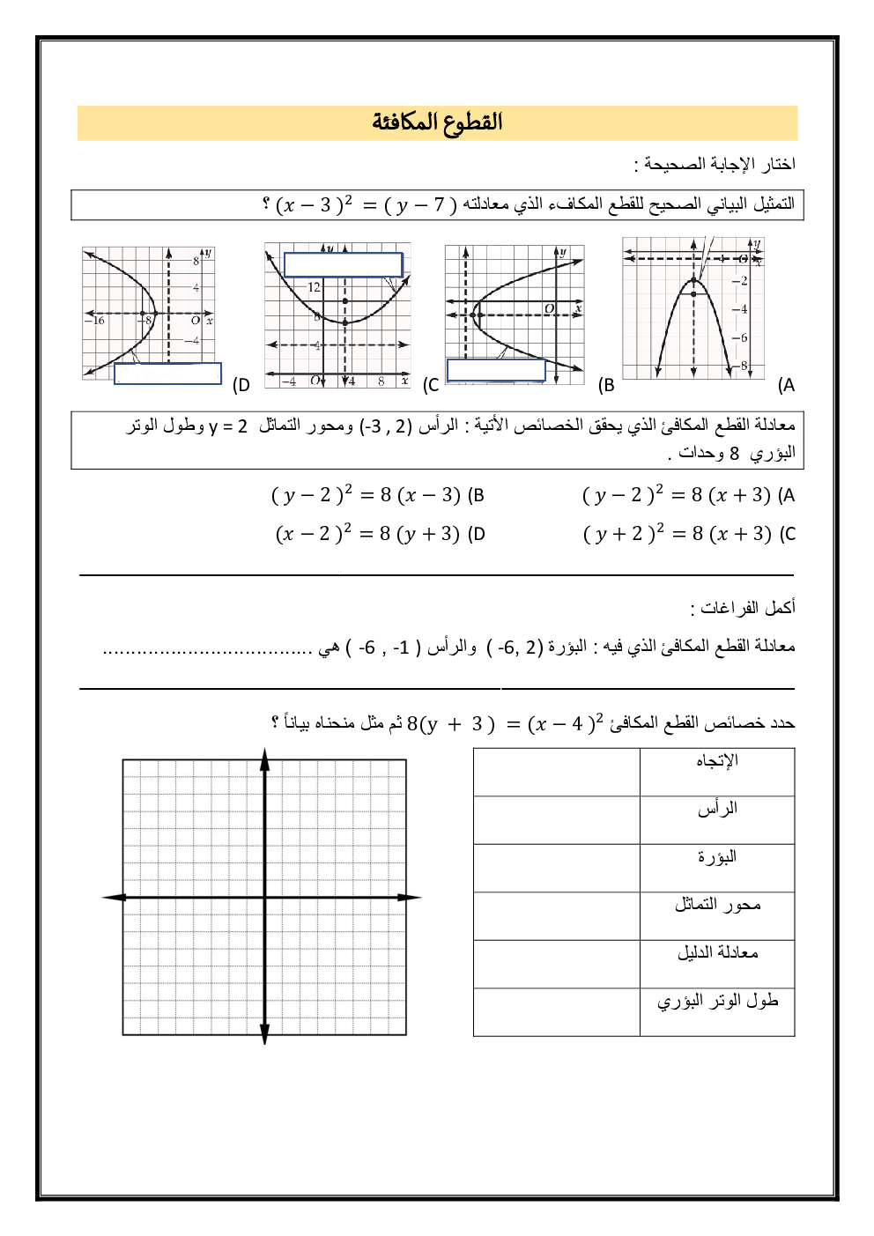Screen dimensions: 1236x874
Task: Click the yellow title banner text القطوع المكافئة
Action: point(437,122)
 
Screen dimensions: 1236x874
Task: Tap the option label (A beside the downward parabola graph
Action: point(786,385)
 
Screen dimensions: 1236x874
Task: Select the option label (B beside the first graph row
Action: point(606,385)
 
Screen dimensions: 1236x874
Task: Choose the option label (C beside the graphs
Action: point(431,385)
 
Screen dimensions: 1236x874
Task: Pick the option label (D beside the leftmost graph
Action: point(241,385)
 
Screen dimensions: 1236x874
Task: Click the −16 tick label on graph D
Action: point(94,321)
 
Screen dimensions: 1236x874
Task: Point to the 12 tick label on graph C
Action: point(314,287)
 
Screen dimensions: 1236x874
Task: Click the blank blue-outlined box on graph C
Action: point(343,265)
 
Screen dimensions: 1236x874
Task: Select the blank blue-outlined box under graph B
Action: point(496,370)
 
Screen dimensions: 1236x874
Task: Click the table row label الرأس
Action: point(717,809)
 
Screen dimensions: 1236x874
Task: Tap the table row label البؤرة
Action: point(717,857)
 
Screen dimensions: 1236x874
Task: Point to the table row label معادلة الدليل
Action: point(717,952)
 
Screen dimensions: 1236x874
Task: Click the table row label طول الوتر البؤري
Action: point(717,1001)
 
